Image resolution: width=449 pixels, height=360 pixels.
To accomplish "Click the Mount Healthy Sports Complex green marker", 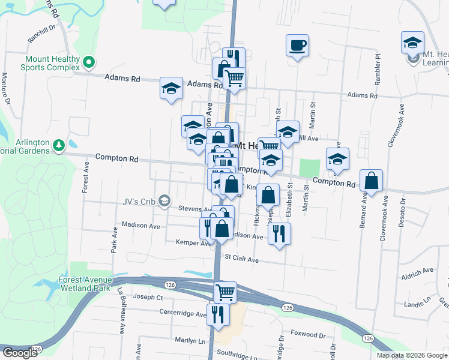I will [x=89, y=62].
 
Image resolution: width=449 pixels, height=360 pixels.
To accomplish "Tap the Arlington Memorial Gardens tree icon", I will [x=59, y=145].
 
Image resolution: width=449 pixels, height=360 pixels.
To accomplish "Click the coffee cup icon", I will [x=297, y=45].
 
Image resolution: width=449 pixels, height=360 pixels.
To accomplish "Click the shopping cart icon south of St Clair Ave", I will [x=226, y=292].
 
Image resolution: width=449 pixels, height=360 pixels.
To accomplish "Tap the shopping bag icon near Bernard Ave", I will [x=372, y=182].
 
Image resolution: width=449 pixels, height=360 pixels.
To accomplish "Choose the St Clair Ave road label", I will [x=241, y=260].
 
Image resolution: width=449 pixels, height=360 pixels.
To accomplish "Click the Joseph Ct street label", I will [x=148, y=297].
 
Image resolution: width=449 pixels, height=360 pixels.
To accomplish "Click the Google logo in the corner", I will [x=19, y=353].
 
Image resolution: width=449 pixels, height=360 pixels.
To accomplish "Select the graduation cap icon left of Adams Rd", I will [x=171, y=88].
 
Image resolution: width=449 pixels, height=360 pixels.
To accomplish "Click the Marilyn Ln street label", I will [x=189, y=341].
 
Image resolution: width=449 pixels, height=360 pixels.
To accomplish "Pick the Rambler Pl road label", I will [x=378, y=64].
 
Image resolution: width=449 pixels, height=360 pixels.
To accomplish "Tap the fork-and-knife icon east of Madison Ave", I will [x=279, y=233].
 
